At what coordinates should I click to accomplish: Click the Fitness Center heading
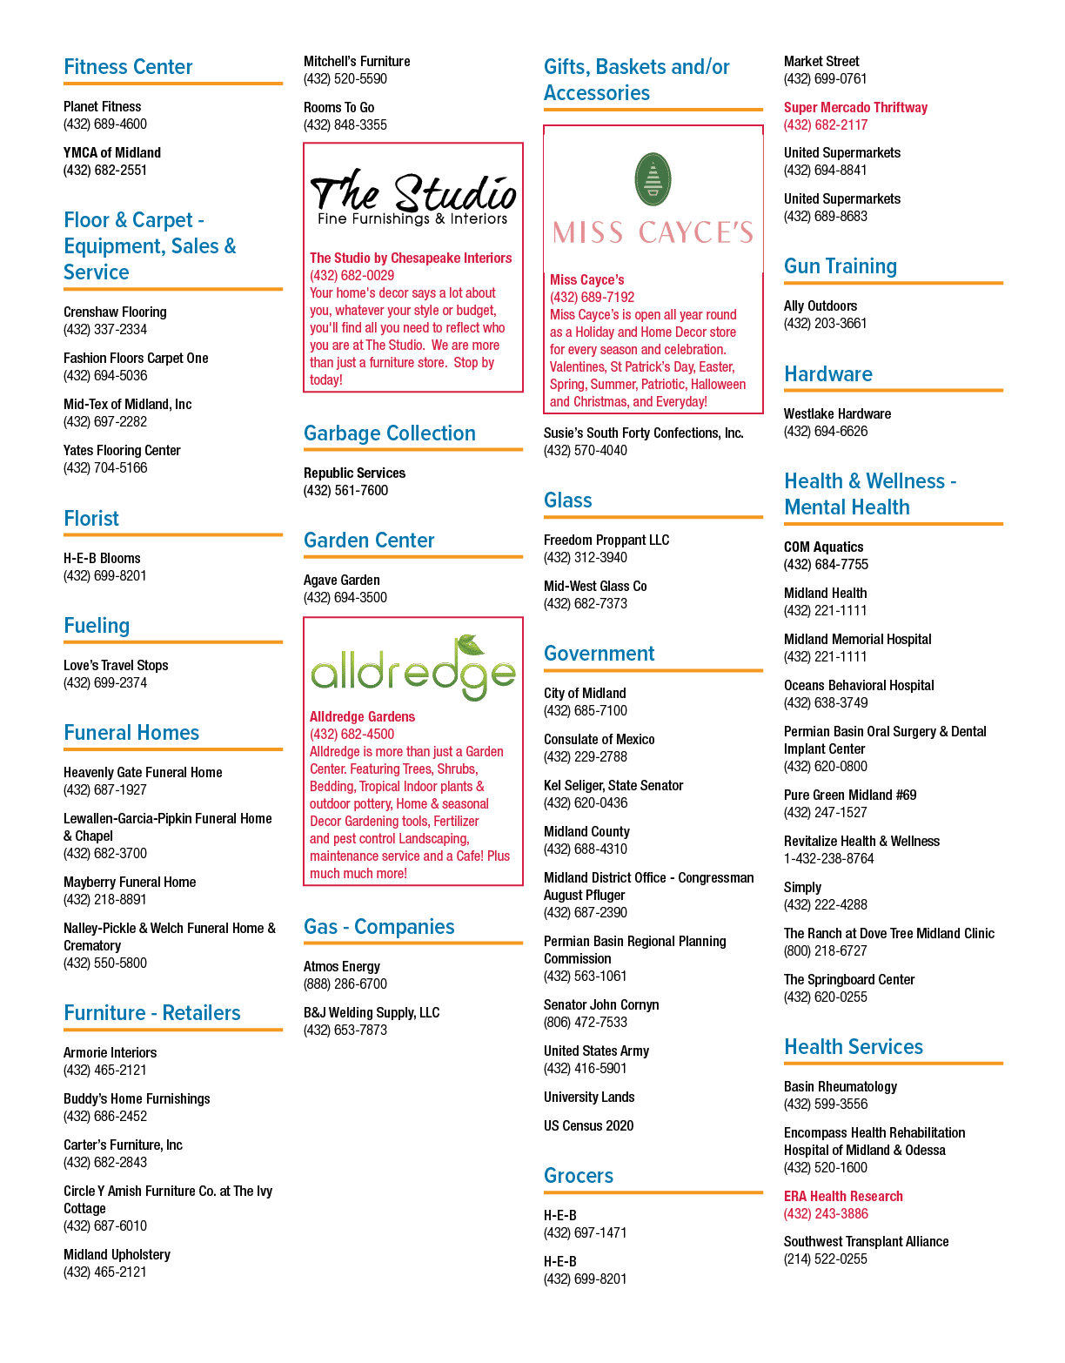tap(128, 66)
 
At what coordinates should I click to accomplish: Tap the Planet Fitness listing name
tap(102, 107)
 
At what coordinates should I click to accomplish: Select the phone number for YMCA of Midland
tap(105, 170)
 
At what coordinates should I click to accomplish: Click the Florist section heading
tap(90, 519)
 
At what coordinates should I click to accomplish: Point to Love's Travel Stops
tap(116, 665)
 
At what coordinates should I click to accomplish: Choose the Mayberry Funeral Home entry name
tap(130, 882)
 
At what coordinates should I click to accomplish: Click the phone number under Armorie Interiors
tap(105, 1070)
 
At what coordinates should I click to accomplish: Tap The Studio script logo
tap(412, 197)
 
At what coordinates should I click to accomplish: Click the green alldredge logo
tap(412, 668)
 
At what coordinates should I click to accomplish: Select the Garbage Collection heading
tap(389, 433)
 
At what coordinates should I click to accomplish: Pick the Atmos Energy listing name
tap(342, 967)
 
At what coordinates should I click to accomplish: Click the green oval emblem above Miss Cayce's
tap(653, 179)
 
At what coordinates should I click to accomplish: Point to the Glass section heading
tap(567, 500)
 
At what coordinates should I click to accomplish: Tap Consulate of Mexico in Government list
tap(599, 740)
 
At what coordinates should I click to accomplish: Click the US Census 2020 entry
tap(588, 1126)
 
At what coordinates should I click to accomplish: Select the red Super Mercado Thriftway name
tap(855, 107)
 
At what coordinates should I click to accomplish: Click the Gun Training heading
tap(840, 266)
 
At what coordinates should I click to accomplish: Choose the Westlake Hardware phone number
tap(826, 431)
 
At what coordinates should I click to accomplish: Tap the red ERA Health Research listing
tap(843, 1196)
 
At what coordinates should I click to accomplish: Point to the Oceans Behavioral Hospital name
tap(859, 686)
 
